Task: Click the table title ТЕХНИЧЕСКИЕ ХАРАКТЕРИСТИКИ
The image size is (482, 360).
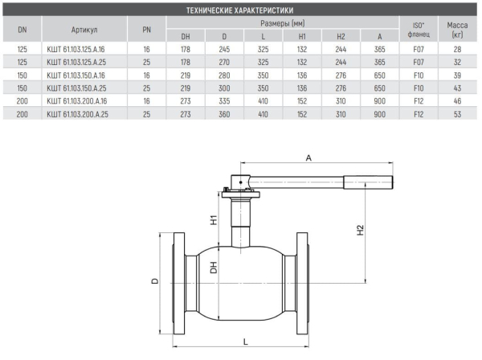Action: click(239, 10)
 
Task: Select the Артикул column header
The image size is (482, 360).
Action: click(84, 30)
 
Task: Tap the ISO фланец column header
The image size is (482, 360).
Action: click(419, 30)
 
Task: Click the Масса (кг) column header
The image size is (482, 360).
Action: click(457, 30)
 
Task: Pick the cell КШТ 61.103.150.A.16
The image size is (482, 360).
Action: click(76, 76)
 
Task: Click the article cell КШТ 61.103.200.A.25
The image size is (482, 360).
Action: click(77, 114)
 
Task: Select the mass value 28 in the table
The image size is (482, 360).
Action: click(457, 49)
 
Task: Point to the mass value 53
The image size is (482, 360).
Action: click(457, 114)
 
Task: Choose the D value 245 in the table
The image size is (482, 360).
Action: click(224, 49)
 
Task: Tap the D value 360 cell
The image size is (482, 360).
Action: click(224, 114)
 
